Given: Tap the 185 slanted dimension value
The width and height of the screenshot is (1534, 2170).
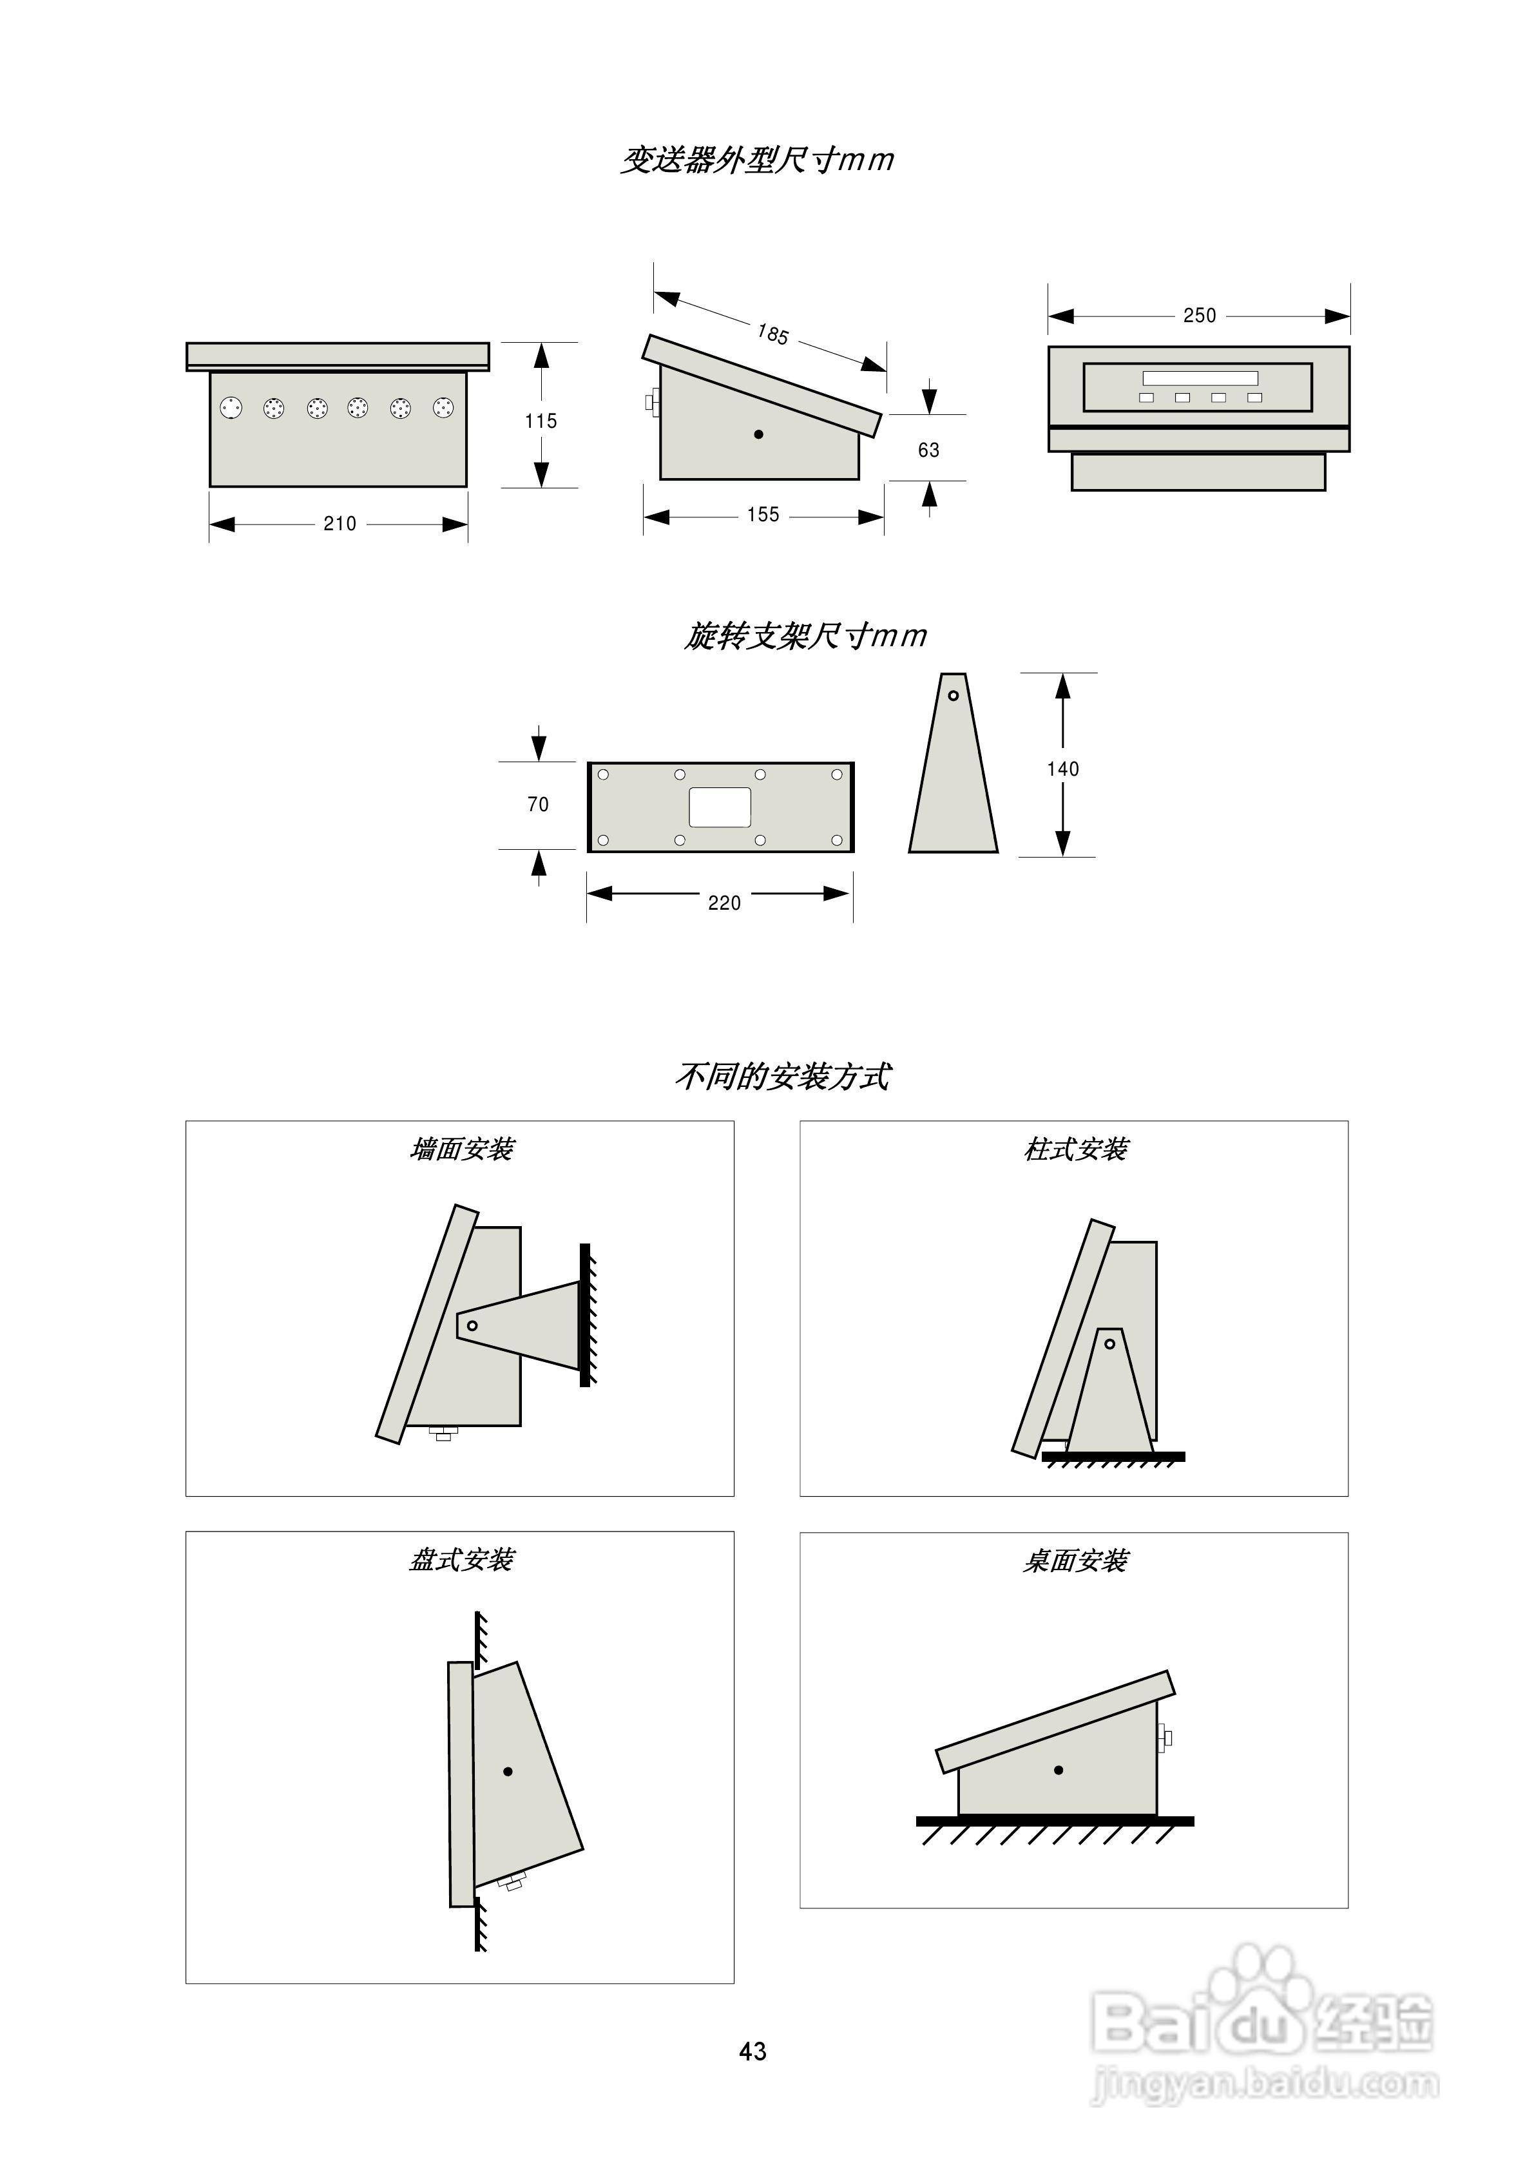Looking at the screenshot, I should coord(772,334).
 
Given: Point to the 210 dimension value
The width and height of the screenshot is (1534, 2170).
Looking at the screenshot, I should coord(340,524).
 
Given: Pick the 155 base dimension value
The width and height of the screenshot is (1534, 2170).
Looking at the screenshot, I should coord(763,515).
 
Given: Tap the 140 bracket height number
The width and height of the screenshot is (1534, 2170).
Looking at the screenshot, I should coord(1062,769).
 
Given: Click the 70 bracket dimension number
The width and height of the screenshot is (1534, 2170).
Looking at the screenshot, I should coord(538,804).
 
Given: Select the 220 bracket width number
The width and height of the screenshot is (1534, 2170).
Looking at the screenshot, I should coord(724,903).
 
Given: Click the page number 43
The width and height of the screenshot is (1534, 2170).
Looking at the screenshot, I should coord(753,2051).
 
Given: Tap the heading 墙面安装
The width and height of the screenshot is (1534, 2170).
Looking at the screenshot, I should coord(461,1149).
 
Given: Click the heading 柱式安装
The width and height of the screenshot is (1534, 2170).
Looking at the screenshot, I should coord(1075,1149).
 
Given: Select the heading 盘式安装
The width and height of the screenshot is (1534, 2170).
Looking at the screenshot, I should coord(461,1559).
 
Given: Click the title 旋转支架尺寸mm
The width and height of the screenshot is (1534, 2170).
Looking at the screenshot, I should coord(805,636).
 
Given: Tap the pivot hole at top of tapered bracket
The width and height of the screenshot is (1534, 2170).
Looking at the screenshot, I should coord(953,696).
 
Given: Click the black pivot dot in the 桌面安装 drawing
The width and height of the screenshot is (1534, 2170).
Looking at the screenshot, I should coord(1058,1771).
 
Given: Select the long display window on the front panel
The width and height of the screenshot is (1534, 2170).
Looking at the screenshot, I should coord(1200,378).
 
